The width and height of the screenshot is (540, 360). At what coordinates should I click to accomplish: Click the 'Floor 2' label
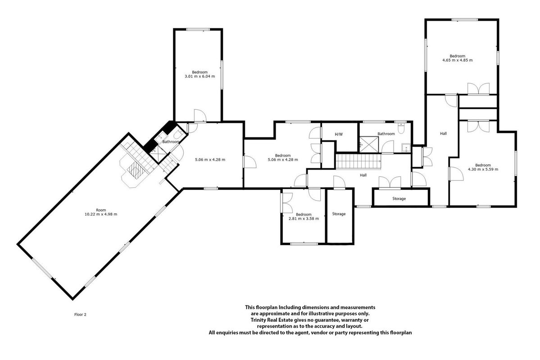click(x=80, y=314)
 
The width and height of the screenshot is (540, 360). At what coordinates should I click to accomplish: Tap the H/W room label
click(x=339, y=134)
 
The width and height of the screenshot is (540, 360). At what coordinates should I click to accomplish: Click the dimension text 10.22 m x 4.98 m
click(x=101, y=214)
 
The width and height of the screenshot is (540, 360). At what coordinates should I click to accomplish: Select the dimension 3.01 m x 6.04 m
click(x=200, y=76)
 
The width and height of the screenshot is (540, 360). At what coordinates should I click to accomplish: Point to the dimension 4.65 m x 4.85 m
click(x=457, y=60)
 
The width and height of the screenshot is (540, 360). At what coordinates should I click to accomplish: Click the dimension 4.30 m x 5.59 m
click(x=483, y=169)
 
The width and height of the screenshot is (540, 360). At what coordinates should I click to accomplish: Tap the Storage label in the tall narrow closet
click(x=339, y=214)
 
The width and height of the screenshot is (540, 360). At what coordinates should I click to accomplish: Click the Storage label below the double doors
click(x=399, y=198)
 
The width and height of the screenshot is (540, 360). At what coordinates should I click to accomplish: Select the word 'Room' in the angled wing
click(x=101, y=210)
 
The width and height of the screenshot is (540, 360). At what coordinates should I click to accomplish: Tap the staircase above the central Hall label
click(x=358, y=162)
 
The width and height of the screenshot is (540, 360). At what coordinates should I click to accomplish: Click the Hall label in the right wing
click(x=443, y=133)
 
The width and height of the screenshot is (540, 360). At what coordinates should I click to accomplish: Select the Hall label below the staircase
click(x=363, y=175)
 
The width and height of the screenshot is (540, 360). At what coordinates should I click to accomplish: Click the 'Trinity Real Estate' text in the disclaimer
click(x=272, y=320)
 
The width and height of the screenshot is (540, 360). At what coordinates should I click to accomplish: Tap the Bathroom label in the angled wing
click(x=171, y=141)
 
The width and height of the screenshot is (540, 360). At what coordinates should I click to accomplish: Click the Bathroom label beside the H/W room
click(x=386, y=134)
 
